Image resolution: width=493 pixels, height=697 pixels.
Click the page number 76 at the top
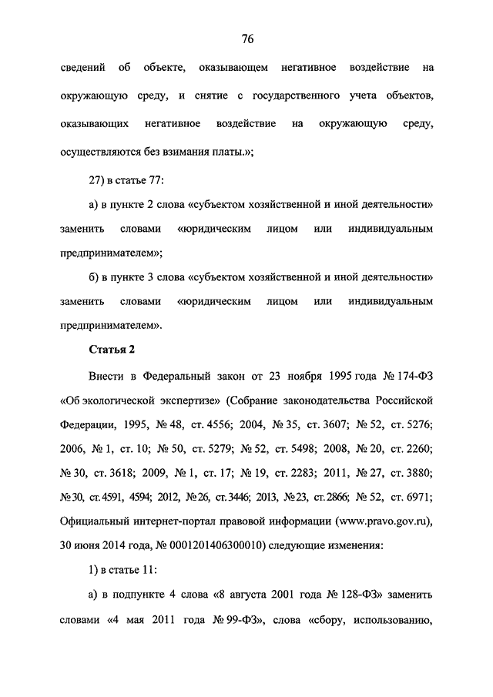[x=246, y=39]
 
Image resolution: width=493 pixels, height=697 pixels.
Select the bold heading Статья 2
[x=112, y=349]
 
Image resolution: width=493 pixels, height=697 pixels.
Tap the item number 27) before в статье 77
[x=101, y=179]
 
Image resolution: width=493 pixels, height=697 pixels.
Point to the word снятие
[x=223, y=96]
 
